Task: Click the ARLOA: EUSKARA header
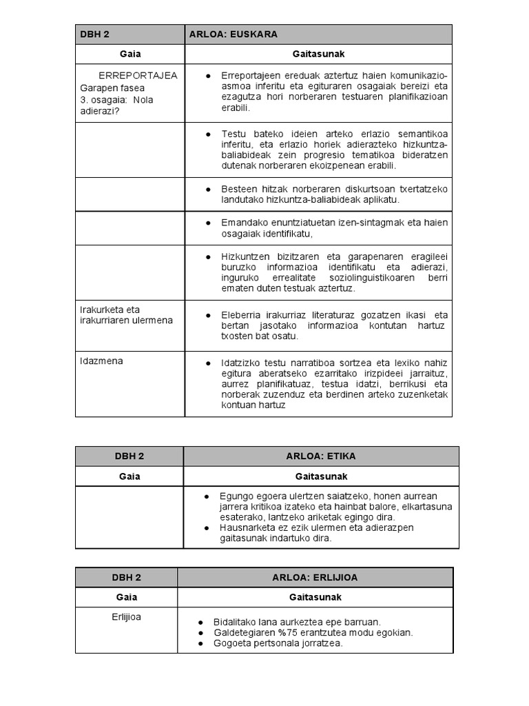(x=234, y=34)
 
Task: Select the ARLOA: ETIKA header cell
(x=321, y=456)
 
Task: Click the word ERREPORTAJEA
(x=138, y=75)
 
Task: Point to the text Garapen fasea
(x=112, y=88)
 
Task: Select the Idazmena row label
(x=101, y=361)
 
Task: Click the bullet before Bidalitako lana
(x=200, y=622)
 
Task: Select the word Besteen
(x=239, y=188)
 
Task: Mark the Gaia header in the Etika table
(x=129, y=476)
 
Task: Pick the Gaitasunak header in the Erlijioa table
(x=315, y=597)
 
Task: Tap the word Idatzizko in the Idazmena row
(x=241, y=363)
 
